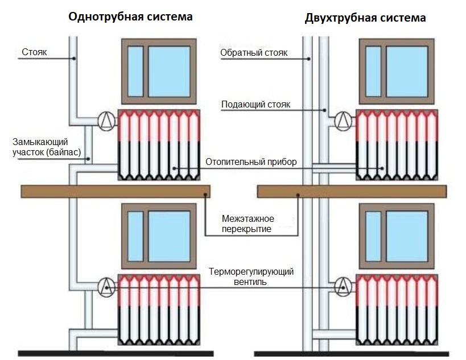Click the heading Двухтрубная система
coord(365,18)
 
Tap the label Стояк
coord(34,53)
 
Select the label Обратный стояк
coord(254,53)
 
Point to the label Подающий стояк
coord(255,105)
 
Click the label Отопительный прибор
coord(251,162)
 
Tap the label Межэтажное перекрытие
coord(248,224)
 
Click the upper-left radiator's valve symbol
coord(106,120)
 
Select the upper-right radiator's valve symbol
coord(343,120)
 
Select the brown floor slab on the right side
coord(352,192)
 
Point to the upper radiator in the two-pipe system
coord(397,144)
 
